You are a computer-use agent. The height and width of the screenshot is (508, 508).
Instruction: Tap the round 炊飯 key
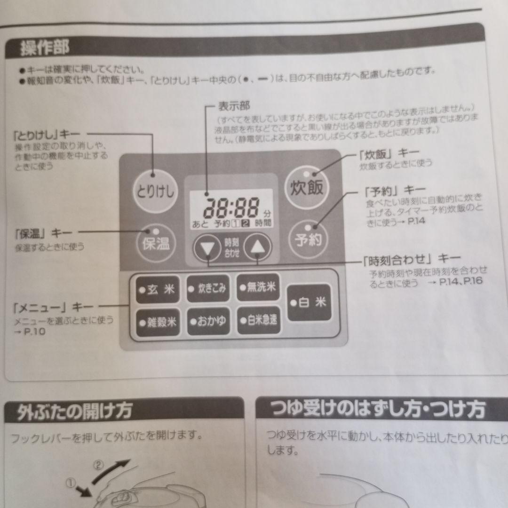pyautogui.click(x=306, y=187)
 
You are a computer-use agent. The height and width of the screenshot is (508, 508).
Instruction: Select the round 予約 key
pyautogui.click(x=308, y=239)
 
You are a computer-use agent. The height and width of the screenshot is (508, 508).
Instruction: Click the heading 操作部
pyautogui.click(x=45, y=48)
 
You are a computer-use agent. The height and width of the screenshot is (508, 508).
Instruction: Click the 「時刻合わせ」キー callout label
pyautogui.click(x=412, y=258)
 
